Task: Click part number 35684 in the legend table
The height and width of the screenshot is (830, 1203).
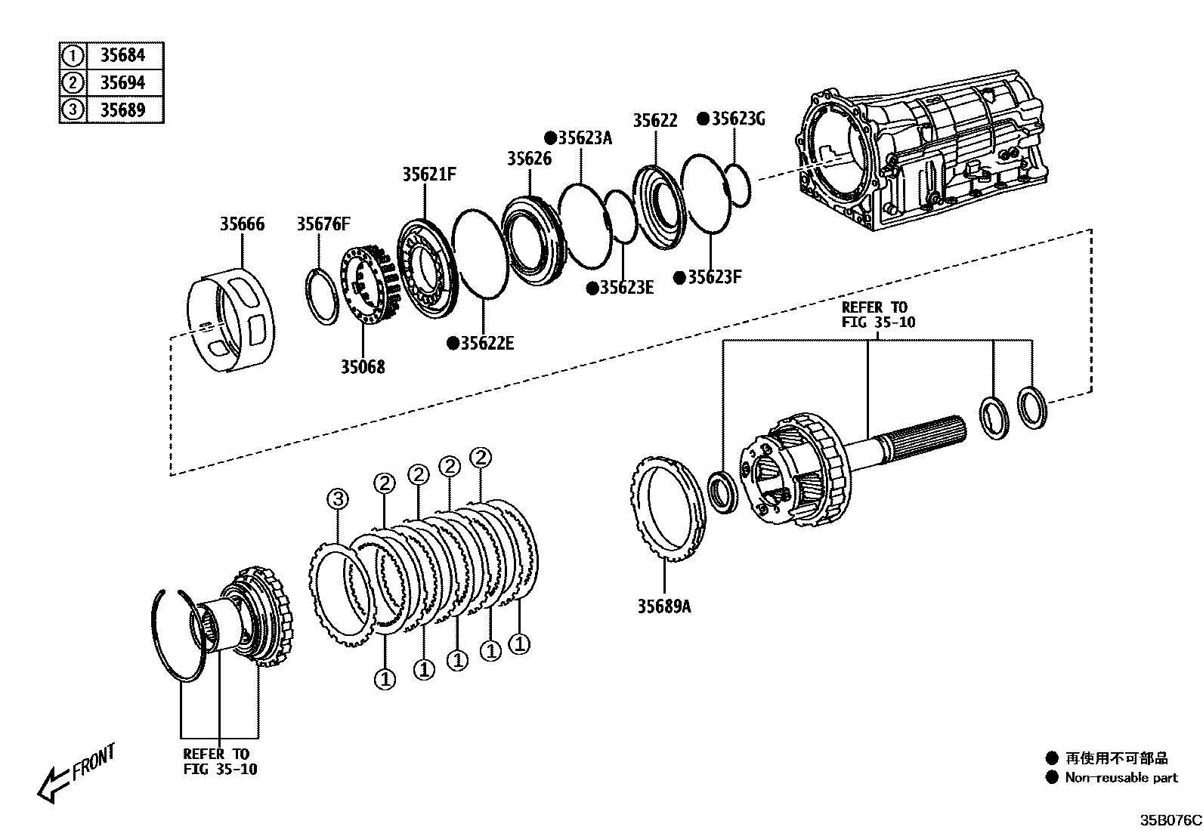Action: [x=122, y=55]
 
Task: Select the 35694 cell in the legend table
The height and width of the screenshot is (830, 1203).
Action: [x=122, y=82]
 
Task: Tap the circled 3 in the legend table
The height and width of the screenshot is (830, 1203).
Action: [x=73, y=110]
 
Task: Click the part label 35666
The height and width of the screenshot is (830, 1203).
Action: [x=243, y=224]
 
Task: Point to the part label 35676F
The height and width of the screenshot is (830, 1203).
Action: [x=323, y=224]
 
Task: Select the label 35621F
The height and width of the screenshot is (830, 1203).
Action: [x=429, y=174]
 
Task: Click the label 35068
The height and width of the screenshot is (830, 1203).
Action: [x=362, y=367]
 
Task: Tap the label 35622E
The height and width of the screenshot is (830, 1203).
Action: [x=487, y=344]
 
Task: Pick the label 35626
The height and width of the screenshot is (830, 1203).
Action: [x=529, y=159]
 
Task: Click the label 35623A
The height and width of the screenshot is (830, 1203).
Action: [x=585, y=138]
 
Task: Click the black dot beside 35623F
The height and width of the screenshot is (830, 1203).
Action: [x=679, y=278]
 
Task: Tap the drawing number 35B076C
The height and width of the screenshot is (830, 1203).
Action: [x=1171, y=820]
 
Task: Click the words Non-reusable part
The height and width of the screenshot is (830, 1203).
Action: [x=1121, y=778]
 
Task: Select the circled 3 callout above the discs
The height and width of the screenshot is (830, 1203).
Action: [x=338, y=499]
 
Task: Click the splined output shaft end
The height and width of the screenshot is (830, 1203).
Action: [x=930, y=435]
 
